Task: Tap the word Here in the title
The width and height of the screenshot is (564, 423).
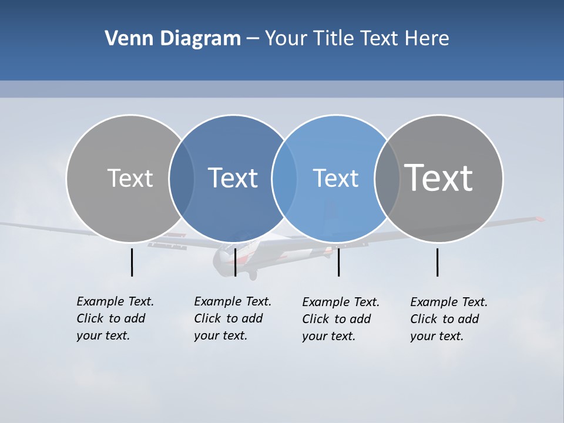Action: pyautogui.click(x=427, y=39)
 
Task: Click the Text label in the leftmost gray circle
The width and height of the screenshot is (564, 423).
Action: pyautogui.click(x=130, y=178)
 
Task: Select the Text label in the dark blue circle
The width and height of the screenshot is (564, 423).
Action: pyautogui.click(x=233, y=178)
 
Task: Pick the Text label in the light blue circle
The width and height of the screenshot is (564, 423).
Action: pyautogui.click(x=335, y=178)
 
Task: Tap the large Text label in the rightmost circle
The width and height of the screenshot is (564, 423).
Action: pyautogui.click(x=439, y=177)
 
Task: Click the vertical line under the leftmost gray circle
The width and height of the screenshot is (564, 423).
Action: pyautogui.click(x=132, y=262)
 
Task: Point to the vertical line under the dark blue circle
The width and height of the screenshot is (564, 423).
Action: pyautogui.click(x=235, y=262)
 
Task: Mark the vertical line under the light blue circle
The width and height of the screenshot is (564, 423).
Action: pyautogui.click(x=338, y=262)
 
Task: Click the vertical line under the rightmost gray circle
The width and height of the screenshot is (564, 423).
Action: pyautogui.click(x=437, y=262)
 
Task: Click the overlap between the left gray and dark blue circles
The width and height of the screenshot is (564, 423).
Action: pyautogui.click(x=182, y=178)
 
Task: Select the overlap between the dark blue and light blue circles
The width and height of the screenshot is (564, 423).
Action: pyautogui.click(x=284, y=178)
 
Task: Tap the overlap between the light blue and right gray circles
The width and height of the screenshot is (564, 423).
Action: pyautogui.click(x=387, y=178)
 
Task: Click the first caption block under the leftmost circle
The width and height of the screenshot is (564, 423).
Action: pyautogui.click(x=115, y=318)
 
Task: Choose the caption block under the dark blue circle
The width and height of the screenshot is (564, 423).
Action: pyautogui.click(x=233, y=318)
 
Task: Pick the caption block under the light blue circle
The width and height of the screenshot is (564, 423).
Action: pyautogui.click(x=341, y=319)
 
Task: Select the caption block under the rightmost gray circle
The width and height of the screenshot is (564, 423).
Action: pyautogui.click(x=449, y=319)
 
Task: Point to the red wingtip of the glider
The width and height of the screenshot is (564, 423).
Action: pyautogui.click(x=539, y=219)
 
